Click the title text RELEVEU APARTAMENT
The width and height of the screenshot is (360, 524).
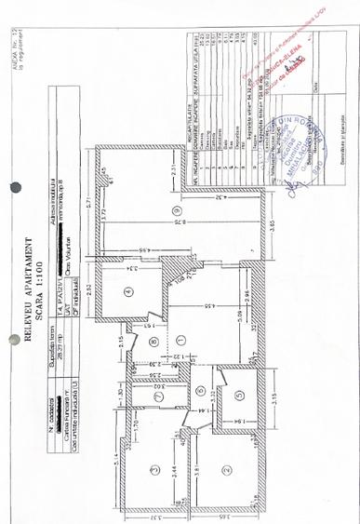click(x=27, y=289)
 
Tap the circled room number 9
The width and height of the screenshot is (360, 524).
click(x=174, y=211)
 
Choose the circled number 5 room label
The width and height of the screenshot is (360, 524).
click(x=239, y=395)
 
